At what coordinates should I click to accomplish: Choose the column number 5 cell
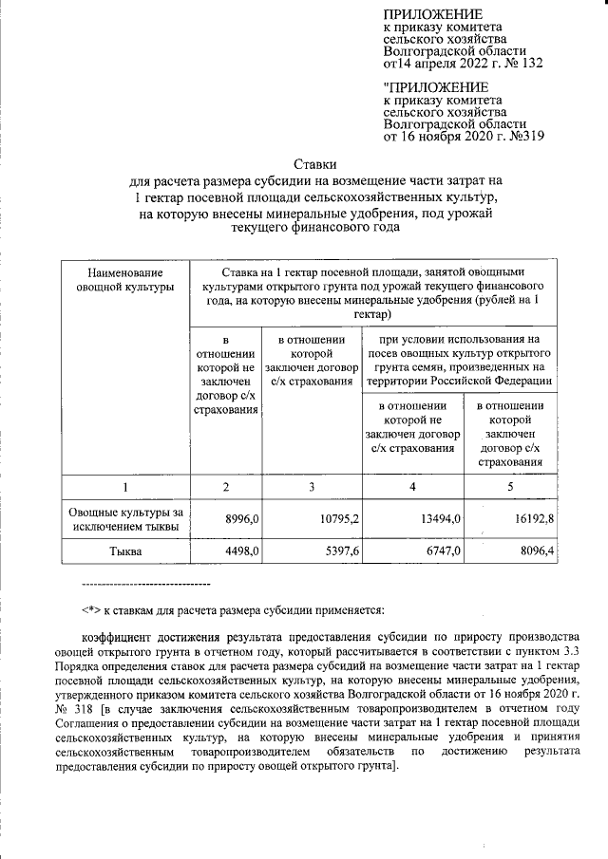pyautogui.click(x=510, y=487)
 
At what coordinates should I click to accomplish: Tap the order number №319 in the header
pyautogui.click(x=522, y=137)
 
